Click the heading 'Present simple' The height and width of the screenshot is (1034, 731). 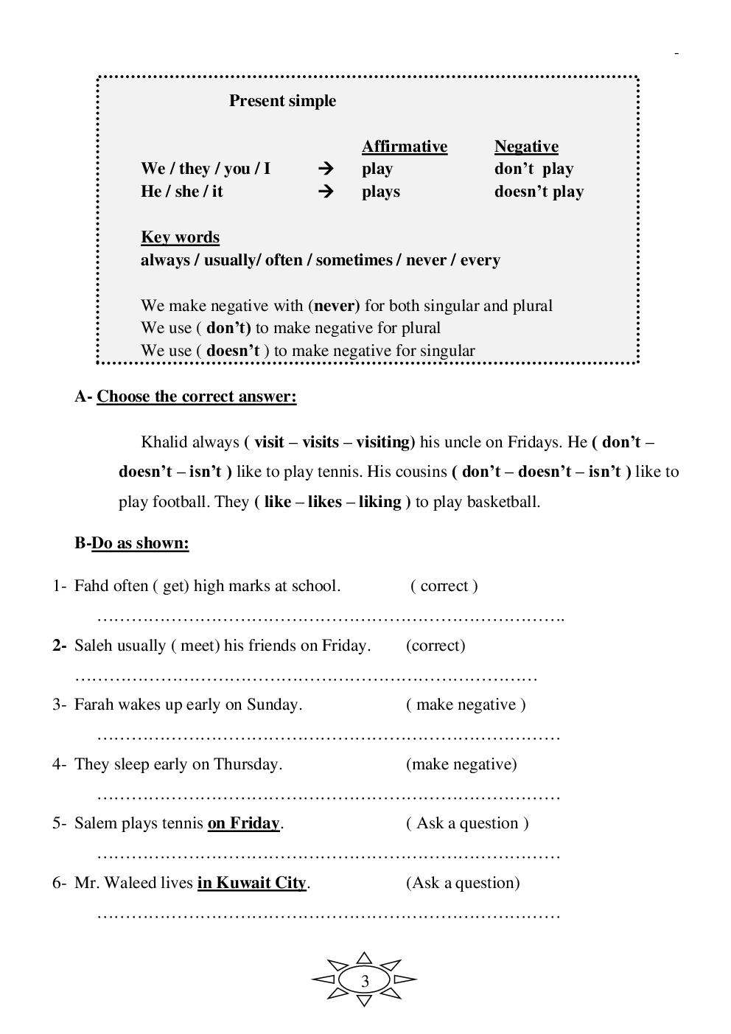pos(282,101)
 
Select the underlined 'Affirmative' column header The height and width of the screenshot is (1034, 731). pos(405,147)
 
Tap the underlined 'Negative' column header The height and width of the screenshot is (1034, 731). pos(526,147)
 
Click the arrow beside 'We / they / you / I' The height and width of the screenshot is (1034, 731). pos(325,169)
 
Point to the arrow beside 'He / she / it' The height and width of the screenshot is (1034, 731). pos(325,192)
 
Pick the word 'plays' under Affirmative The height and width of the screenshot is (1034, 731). pos(381,192)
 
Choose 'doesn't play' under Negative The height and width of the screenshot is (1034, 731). pos(539,192)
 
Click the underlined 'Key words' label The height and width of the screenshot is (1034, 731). pos(180,237)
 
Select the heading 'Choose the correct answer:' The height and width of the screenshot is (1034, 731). pos(197,397)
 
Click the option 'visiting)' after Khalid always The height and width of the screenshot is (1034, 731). pos(385,442)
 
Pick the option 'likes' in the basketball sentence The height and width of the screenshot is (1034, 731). pos(325,502)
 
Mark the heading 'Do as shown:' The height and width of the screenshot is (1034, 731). pos(140,543)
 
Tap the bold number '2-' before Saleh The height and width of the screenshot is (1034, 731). pos(60,646)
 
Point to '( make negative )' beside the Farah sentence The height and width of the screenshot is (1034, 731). pos(466,705)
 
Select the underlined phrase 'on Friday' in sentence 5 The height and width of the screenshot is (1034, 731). pos(244,823)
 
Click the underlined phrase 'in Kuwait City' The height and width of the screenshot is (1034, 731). pos(251,883)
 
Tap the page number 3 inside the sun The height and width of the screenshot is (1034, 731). pos(365,981)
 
